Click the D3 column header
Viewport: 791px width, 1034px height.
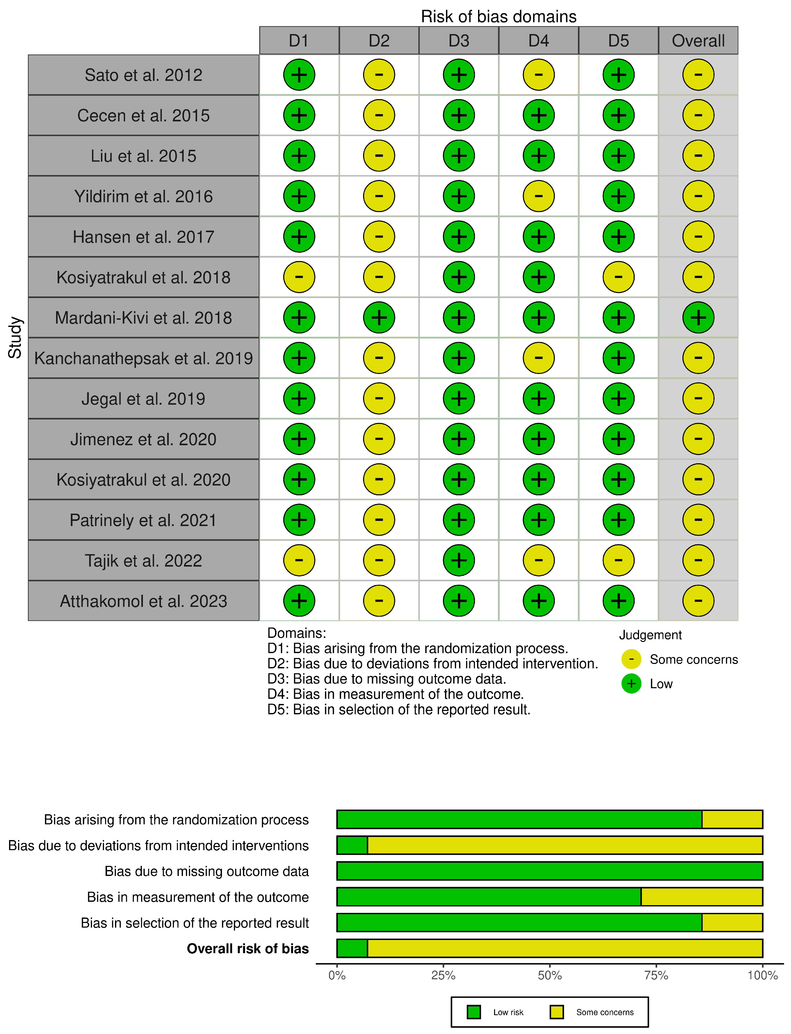point(459,41)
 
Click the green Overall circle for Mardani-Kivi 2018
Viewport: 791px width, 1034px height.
point(698,318)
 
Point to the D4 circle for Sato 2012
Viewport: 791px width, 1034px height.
point(539,75)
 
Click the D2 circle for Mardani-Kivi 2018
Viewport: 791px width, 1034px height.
point(379,318)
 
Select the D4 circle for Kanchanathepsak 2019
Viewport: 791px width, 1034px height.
point(539,358)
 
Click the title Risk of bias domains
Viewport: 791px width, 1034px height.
point(499,17)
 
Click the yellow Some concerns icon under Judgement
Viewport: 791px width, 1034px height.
point(631,659)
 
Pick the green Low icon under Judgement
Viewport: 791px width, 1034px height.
point(631,684)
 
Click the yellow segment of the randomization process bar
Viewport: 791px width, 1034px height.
point(732,819)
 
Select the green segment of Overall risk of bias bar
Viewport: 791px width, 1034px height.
point(352,948)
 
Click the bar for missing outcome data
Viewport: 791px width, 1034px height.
point(549,871)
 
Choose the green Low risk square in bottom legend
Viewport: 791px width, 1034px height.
point(474,1012)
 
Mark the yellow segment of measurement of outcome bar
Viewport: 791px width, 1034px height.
point(702,897)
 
